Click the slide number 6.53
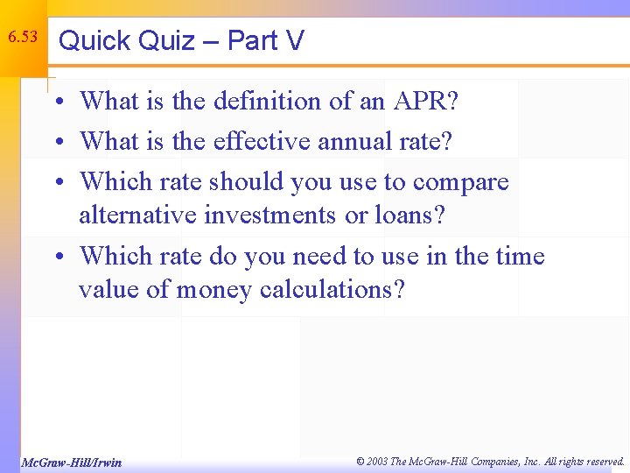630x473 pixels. [23, 37]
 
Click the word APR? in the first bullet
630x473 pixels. [423, 101]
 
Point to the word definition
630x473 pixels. [267, 101]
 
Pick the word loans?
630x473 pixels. [410, 215]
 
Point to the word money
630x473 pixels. [214, 289]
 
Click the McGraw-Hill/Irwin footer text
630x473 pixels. [71, 462]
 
